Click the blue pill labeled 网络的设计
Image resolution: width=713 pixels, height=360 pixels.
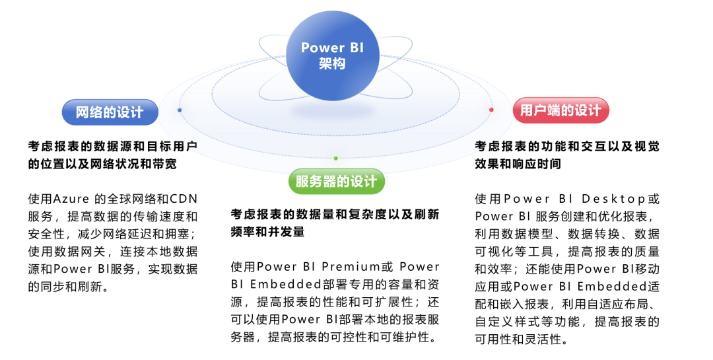pos(110,112)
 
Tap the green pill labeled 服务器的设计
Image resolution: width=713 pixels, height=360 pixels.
pos(337,181)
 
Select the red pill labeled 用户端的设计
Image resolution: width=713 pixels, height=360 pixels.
pos(560,110)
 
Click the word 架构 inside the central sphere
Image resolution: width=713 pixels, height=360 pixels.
pos(332,63)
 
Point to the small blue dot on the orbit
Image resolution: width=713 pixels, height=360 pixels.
pos(180,110)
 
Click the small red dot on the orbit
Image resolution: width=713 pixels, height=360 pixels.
pos(491,110)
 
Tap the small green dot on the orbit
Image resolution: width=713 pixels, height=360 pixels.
pos(335,159)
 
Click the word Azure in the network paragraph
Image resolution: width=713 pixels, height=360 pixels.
pos(71,199)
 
